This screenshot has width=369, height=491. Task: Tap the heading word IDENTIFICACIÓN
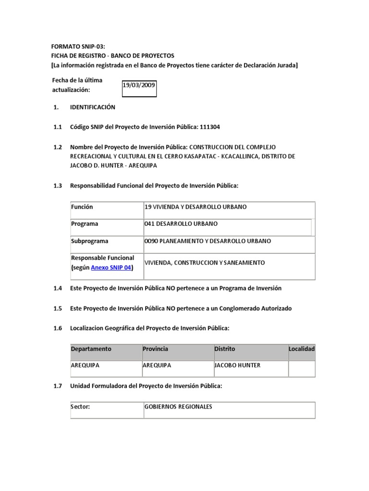93,107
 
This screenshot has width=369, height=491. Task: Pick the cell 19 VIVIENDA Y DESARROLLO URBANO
195,207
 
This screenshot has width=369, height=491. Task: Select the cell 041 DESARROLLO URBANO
181,224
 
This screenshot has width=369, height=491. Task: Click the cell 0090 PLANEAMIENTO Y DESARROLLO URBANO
208,241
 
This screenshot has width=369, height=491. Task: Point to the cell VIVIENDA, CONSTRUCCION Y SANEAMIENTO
205,263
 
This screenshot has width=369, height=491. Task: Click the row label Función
82,207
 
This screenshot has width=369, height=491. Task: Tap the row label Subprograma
90,241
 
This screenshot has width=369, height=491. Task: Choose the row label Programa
85,224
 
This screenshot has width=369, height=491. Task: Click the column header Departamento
91,349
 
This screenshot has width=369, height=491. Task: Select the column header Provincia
156,349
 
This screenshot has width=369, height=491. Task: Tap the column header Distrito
225,349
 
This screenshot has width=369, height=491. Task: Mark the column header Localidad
302,349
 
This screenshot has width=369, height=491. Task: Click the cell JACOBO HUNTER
237,365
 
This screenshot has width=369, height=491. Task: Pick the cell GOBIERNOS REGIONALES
178,407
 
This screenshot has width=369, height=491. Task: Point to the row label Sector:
80,407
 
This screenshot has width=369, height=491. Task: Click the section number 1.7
58,386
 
